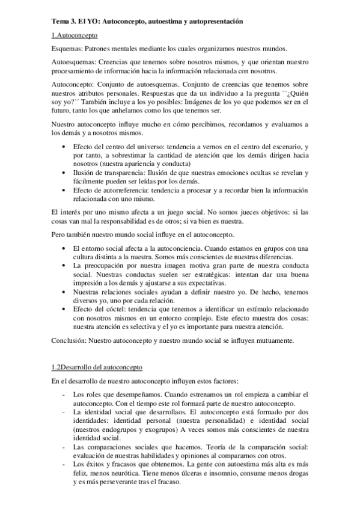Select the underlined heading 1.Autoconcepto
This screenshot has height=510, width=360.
tap(74, 35)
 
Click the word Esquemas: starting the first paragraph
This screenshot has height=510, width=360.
tap(67, 49)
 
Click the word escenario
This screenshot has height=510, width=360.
tap(279, 147)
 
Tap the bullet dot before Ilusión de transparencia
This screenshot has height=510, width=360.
tap(65, 173)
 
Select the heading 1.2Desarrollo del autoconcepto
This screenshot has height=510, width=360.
tap(97, 366)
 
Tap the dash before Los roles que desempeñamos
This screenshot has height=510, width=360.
tap(64, 393)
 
